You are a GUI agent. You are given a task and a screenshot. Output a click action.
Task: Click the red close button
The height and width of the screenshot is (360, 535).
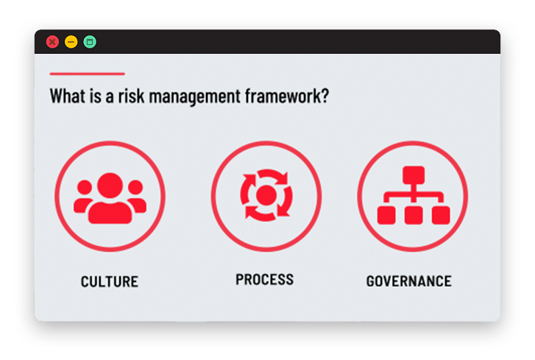coord(52,42)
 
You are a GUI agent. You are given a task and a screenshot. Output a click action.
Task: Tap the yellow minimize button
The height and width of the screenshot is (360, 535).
coord(71,42)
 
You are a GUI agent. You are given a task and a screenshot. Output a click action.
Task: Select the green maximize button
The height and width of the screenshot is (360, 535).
coord(90,42)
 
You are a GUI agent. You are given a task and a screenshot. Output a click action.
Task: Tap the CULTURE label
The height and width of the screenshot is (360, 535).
coord(110,282)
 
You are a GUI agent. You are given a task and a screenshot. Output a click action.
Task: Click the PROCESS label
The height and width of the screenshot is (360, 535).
coord(264,280)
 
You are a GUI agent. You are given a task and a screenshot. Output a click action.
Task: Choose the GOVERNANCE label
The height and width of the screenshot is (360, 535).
coord(408,281)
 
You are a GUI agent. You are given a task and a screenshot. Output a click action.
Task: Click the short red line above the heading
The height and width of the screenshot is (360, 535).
coord(88,74)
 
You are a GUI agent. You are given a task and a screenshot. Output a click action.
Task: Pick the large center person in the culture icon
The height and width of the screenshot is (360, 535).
coord(110,198)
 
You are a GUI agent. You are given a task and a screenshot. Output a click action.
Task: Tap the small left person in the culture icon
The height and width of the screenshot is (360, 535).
coord(83,197)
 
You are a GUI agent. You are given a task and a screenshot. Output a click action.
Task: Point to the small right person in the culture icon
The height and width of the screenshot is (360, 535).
coord(137,197)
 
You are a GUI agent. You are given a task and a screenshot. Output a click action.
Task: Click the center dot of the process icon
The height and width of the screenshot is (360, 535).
coord(266,195)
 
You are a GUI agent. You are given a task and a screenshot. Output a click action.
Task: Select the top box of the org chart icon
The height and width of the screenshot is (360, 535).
coord(414,175)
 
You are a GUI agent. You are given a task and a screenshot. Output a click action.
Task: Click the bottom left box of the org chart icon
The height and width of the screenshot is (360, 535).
coord(386,215)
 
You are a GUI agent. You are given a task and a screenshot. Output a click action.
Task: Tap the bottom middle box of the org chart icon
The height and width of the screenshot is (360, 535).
coord(414,215)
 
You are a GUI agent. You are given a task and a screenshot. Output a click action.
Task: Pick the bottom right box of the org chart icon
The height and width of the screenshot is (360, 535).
coord(441,215)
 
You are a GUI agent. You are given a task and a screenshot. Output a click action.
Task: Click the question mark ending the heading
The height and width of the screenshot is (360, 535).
coord(325,96)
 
